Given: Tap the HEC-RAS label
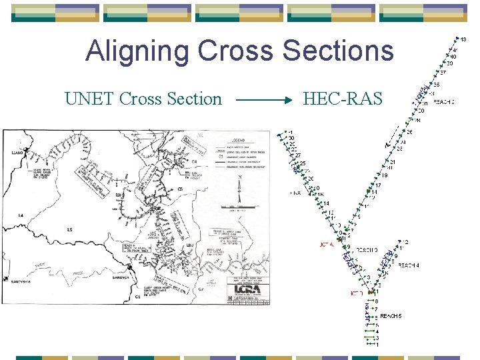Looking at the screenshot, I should (x=343, y=99).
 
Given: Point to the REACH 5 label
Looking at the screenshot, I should (x=391, y=315).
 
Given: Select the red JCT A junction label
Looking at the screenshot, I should (x=327, y=245).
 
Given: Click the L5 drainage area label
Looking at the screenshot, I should (x=69, y=230).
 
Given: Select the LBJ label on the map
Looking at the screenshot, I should (x=190, y=245).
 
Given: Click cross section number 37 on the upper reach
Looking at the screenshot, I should (x=443, y=73).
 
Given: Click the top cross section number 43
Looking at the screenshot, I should (x=463, y=39).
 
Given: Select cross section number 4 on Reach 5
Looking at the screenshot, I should (x=377, y=331).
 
